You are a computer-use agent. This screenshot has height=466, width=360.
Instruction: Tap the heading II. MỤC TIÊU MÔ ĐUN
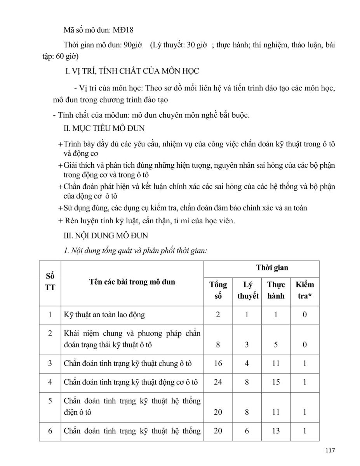click(104, 128)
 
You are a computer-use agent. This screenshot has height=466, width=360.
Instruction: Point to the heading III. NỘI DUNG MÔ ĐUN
click(106, 236)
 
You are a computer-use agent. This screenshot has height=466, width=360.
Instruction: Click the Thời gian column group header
click(272, 268)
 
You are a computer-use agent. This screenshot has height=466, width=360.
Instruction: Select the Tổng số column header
click(218, 290)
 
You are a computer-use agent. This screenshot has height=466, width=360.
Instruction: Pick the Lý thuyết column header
click(248, 290)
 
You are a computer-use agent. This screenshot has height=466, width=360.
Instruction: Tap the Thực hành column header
click(276, 290)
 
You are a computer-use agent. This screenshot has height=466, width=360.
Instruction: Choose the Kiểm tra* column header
click(304, 290)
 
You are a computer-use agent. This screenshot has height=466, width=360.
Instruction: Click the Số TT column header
click(50, 282)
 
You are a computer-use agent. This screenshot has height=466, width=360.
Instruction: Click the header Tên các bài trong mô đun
click(132, 282)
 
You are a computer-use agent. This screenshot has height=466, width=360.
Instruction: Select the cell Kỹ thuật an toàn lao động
click(104, 315)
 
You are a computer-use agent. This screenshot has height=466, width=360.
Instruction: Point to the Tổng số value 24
click(218, 382)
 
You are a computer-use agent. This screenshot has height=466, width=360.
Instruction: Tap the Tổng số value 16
click(218, 363)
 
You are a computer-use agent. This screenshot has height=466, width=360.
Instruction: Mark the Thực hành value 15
click(276, 382)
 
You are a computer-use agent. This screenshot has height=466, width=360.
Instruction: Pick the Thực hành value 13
click(276, 431)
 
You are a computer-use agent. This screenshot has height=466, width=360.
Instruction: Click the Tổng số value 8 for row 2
click(218, 344)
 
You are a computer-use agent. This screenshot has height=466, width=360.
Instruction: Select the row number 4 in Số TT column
click(50, 382)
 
